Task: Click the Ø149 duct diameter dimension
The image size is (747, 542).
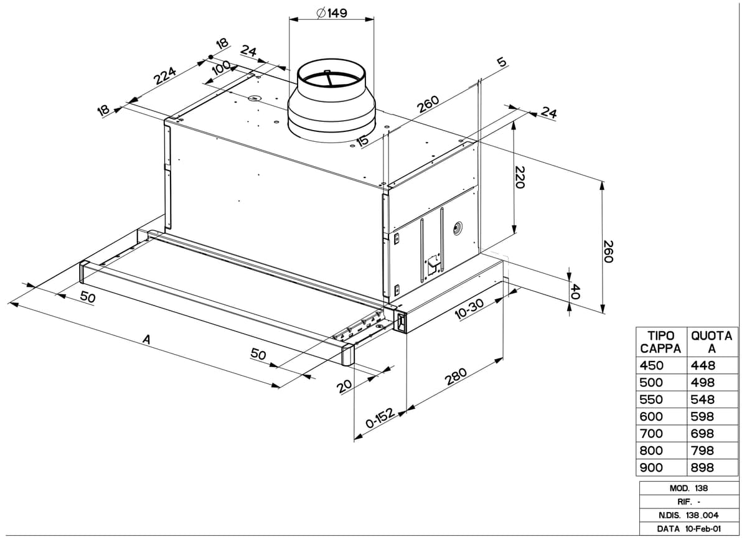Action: [x=332, y=13]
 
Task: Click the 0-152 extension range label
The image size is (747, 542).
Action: [x=380, y=421]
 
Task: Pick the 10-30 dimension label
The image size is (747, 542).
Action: [x=469, y=308]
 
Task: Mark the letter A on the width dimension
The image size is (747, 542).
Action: [x=147, y=340]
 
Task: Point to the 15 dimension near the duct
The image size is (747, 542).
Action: [x=362, y=141]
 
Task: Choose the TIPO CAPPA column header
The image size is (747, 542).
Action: [x=660, y=342]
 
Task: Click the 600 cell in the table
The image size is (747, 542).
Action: [x=652, y=416]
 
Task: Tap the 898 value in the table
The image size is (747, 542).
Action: [x=703, y=467]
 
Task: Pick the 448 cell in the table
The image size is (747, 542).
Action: [x=703, y=365]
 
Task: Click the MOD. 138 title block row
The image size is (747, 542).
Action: [x=688, y=488]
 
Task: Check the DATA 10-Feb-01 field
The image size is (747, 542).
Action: [x=688, y=529]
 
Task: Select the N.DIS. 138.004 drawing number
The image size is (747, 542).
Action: [x=688, y=516]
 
